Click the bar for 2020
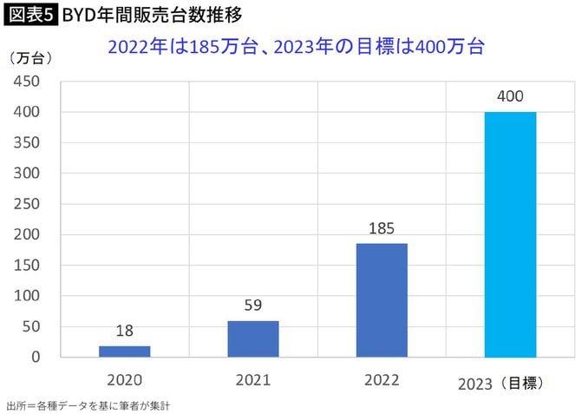click(x=125, y=351)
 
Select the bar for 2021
click(x=253, y=338)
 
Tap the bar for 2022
click(x=382, y=299)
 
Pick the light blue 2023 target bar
click(x=510, y=234)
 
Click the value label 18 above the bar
click(x=125, y=331)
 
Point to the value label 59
click(x=253, y=306)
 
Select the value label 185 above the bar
click(x=382, y=229)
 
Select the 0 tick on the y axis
click(x=36, y=357)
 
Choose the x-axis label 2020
click(x=125, y=379)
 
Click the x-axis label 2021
click(x=253, y=379)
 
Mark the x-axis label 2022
click(x=382, y=379)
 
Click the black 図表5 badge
click(x=30, y=15)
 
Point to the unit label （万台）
click(x=34, y=58)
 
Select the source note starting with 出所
click(x=82, y=405)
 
